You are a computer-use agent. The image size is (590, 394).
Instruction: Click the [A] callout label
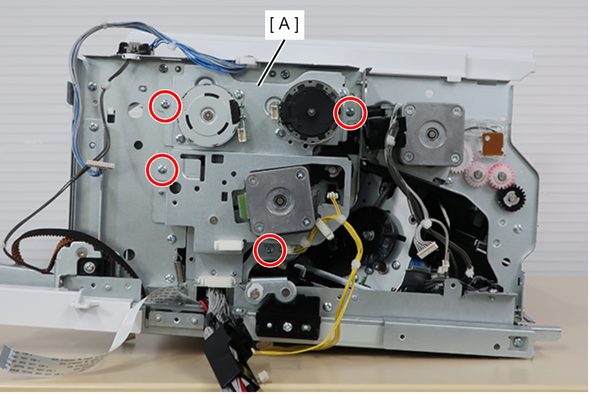click(x=284, y=25)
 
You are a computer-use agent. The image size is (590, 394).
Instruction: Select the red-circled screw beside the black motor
click(x=350, y=112)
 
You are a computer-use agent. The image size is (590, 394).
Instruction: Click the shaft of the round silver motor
click(x=208, y=115)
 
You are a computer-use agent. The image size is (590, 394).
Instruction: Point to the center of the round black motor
click(x=312, y=112)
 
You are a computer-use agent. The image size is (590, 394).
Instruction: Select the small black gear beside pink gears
click(x=512, y=197)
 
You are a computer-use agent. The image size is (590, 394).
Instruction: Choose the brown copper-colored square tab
click(x=493, y=144)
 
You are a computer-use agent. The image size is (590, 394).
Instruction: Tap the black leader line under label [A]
click(x=272, y=63)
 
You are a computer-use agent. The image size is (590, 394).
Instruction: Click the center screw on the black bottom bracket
click(x=287, y=327)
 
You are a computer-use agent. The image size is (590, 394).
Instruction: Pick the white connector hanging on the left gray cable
click(x=101, y=164)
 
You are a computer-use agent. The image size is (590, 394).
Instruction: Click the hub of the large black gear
click(x=368, y=234)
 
